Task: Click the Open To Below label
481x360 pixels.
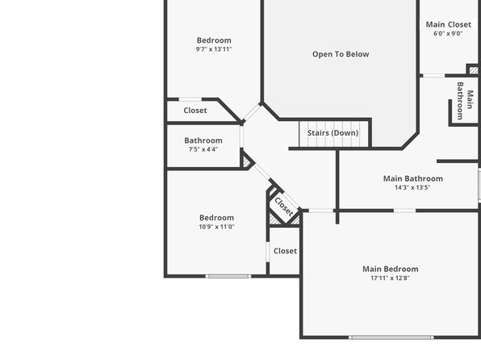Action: click(341, 54)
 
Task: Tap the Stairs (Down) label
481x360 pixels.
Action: click(333, 133)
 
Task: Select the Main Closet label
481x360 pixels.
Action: click(449, 24)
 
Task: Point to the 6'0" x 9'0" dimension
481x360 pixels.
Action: click(448, 33)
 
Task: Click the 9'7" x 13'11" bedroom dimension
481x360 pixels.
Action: click(214, 49)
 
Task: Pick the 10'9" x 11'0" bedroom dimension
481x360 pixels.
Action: click(216, 227)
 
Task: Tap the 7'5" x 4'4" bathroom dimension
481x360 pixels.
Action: click(203, 149)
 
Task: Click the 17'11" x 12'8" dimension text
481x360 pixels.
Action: click(390, 278)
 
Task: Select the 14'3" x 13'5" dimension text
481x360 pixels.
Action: click(412, 187)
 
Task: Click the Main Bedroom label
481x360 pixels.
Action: click(390, 269)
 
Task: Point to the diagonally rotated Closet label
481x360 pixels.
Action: click(284, 207)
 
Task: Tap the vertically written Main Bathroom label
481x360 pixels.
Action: click(464, 101)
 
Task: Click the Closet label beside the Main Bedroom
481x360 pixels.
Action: click(285, 251)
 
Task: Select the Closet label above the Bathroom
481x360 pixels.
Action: click(195, 111)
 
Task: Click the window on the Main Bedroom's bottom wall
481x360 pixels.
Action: click(391, 337)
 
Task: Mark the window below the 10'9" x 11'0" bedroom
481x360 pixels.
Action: click(228, 277)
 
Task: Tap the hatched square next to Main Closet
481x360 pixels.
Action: click(473, 70)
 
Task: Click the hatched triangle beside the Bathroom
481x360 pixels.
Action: click(247, 161)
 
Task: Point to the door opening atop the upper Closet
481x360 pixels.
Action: click(190, 99)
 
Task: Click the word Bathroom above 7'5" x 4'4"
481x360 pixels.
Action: click(203, 140)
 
